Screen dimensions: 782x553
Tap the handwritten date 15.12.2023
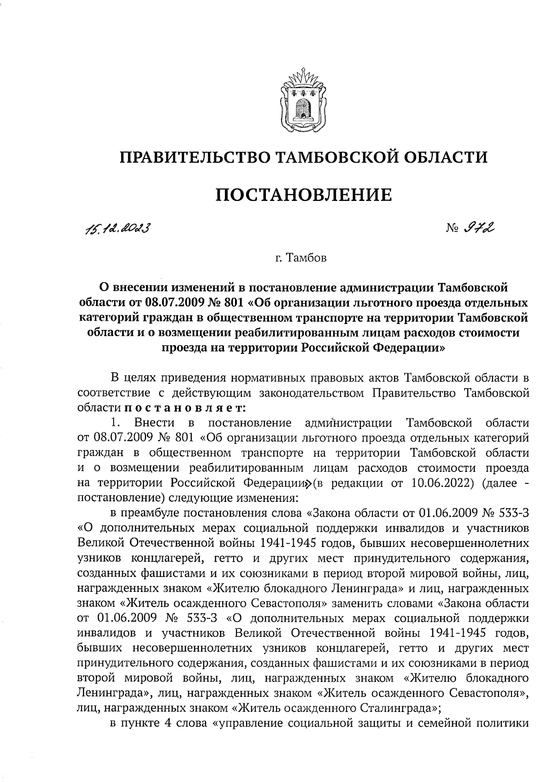(113, 228)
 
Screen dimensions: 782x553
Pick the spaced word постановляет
(184, 408)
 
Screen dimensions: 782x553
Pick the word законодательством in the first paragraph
(312, 393)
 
